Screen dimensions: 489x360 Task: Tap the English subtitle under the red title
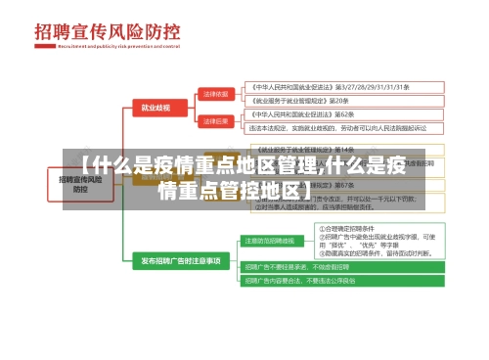116,46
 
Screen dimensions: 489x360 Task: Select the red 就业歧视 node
155,107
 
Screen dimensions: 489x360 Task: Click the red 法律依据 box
215,93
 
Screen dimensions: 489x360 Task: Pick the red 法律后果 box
215,120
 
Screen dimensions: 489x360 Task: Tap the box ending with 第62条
294,114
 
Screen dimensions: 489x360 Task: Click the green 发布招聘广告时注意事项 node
181,261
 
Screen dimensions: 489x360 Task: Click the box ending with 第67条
292,185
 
